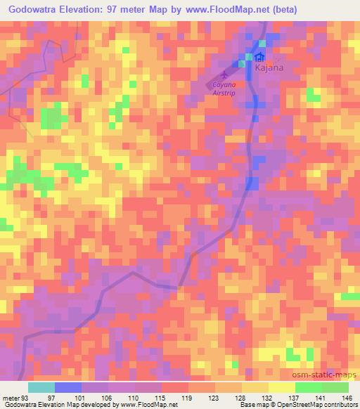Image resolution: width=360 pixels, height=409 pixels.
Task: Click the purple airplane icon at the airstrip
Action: point(224,73)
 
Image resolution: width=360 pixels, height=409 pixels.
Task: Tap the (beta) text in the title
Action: point(296,10)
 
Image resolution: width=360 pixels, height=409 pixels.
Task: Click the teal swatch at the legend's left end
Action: point(41,387)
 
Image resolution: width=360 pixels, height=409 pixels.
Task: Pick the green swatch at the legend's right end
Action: point(335,387)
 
